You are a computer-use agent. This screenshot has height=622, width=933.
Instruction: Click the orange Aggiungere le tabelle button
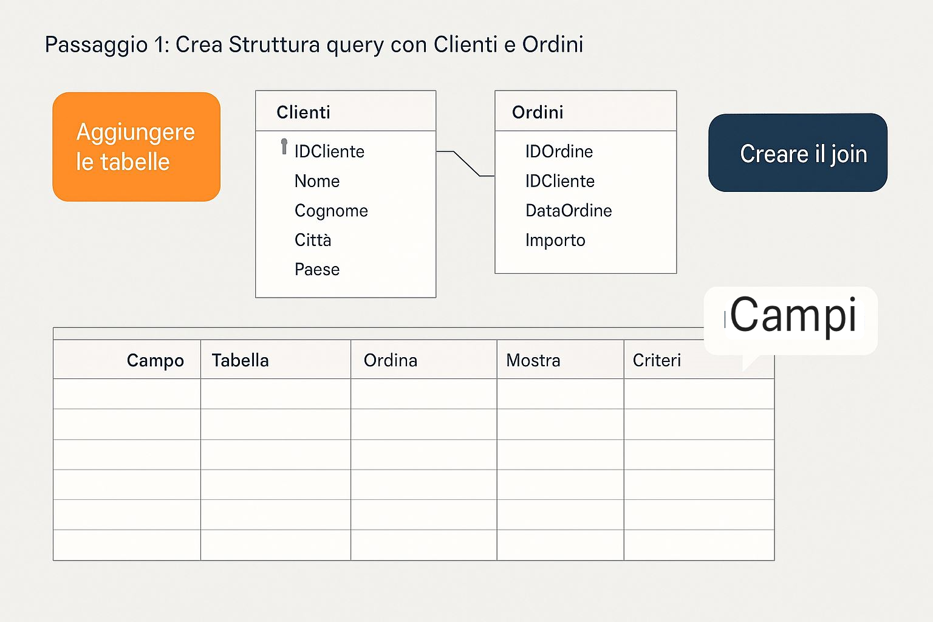pyautogui.click(x=136, y=146)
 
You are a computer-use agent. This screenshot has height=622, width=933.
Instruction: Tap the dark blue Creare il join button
pyautogui.click(x=798, y=152)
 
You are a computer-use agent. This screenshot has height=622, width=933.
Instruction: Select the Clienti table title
pyautogui.click(x=303, y=112)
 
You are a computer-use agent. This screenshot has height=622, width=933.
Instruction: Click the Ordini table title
pyautogui.click(x=538, y=112)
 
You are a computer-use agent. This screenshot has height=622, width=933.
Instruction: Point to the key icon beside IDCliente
pyautogui.click(x=284, y=146)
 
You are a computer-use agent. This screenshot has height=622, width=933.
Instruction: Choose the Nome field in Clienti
pyautogui.click(x=317, y=181)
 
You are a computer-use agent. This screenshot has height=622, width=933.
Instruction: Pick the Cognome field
pyautogui.click(x=331, y=211)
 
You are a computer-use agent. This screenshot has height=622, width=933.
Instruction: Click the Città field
pyautogui.click(x=313, y=240)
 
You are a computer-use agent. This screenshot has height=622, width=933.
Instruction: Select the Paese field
pyautogui.click(x=317, y=270)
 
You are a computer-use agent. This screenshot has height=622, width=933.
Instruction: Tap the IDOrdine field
pyautogui.click(x=559, y=151)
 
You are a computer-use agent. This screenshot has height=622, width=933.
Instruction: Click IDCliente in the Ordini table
pyautogui.click(x=560, y=181)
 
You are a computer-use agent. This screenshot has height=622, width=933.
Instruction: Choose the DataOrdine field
pyautogui.click(x=569, y=211)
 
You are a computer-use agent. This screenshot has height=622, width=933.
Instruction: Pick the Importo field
pyautogui.click(x=555, y=241)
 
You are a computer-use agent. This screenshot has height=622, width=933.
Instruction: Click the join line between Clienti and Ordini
pyautogui.click(x=466, y=163)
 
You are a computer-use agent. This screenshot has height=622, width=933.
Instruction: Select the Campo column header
pyautogui.click(x=155, y=360)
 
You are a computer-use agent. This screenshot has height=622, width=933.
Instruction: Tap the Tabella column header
pyautogui.click(x=241, y=360)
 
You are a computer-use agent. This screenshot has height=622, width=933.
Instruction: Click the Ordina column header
pyautogui.click(x=391, y=360)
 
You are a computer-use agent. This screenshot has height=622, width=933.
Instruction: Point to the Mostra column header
pyautogui.click(x=533, y=360)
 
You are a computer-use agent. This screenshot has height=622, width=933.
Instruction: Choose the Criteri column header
pyautogui.click(x=657, y=360)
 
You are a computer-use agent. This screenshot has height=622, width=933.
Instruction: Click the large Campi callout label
pyautogui.click(x=793, y=315)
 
